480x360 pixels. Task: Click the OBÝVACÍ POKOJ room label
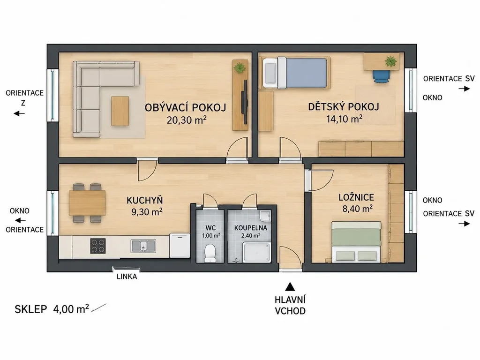tap(186, 108)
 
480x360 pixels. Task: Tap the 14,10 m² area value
tap(345, 119)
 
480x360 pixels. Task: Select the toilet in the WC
tap(210, 253)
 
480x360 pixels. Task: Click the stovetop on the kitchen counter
tap(98, 246)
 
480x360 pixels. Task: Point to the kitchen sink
tap(143, 246)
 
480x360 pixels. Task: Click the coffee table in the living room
tap(120, 111)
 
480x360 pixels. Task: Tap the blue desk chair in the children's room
tap(382, 76)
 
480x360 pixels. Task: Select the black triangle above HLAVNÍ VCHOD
tap(290, 287)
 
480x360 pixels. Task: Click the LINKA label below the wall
tap(127, 277)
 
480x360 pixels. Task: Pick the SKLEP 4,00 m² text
tap(52, 309)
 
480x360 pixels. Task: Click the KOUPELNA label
tap(251, 228)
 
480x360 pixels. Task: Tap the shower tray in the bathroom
tap(257, 253)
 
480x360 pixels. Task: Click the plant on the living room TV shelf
tap(240, 67)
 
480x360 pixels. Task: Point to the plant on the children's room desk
tap(390, 61)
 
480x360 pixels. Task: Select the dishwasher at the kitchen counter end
tap(180, 246)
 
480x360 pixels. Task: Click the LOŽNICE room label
tap(356, 197)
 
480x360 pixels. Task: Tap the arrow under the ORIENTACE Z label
tap(19, 113)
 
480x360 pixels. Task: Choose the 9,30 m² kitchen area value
tap(147, 211)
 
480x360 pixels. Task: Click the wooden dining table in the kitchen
tap(87, 202)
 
